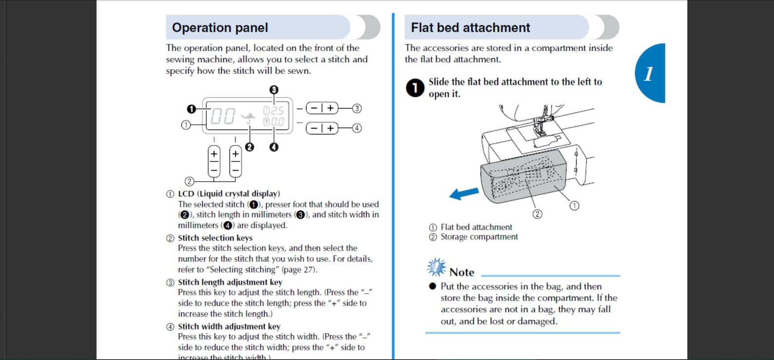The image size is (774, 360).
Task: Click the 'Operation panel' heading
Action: [x=220, y=28]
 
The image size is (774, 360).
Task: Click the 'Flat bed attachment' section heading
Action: [x=470, y=28]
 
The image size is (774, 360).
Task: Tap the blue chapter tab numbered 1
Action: [x=650, y=73]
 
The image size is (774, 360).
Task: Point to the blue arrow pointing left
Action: [x=464, y=193]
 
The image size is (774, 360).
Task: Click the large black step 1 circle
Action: [x=415, y=88]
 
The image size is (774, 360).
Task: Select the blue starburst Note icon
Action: [x=436, y=267]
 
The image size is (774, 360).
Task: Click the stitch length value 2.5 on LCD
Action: [x=277, y=111]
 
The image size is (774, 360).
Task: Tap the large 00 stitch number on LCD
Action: [x=223, y=116]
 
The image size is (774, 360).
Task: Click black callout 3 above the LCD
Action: [x=273, y=90]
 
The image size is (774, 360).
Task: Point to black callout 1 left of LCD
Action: [x=191, y=109]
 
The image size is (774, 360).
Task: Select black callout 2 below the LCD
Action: [x=250, y=147]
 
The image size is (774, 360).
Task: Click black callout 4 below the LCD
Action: [x=273, y=147]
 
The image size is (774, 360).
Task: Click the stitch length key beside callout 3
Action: [x=322, y=108]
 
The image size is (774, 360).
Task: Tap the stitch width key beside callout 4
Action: [x=322, y=128]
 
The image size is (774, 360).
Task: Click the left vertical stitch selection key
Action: [x=214, y=162]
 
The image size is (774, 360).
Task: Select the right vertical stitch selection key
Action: [x=235, y=162]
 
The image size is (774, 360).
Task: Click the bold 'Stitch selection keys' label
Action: [x=215, y=238]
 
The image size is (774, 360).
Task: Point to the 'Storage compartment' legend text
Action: [x=479, y=237]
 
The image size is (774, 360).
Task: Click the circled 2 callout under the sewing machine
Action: [x=537, y=214]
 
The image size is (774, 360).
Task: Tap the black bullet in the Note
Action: [x=432, y=286]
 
